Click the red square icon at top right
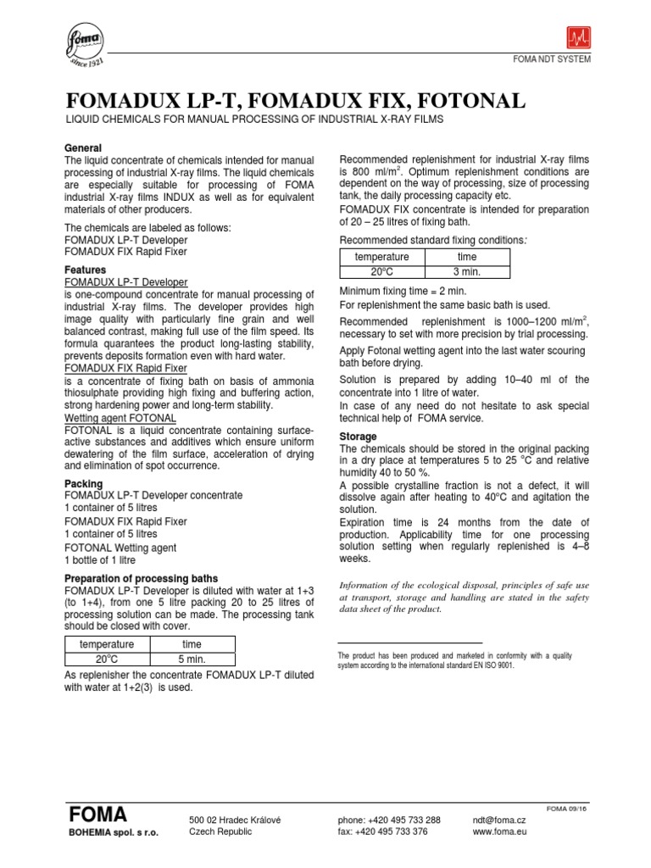click(580, 38)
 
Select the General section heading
click(83, 148)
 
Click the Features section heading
click(86, 270)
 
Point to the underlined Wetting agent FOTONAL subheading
click(120, 419)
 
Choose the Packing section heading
click(84, 484)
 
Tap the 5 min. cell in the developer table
click(192, 659)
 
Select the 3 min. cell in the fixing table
click(466, 271)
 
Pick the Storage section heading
click(358, 437)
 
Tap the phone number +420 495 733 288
click(389, 820)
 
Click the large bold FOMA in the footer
click(97, 815)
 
